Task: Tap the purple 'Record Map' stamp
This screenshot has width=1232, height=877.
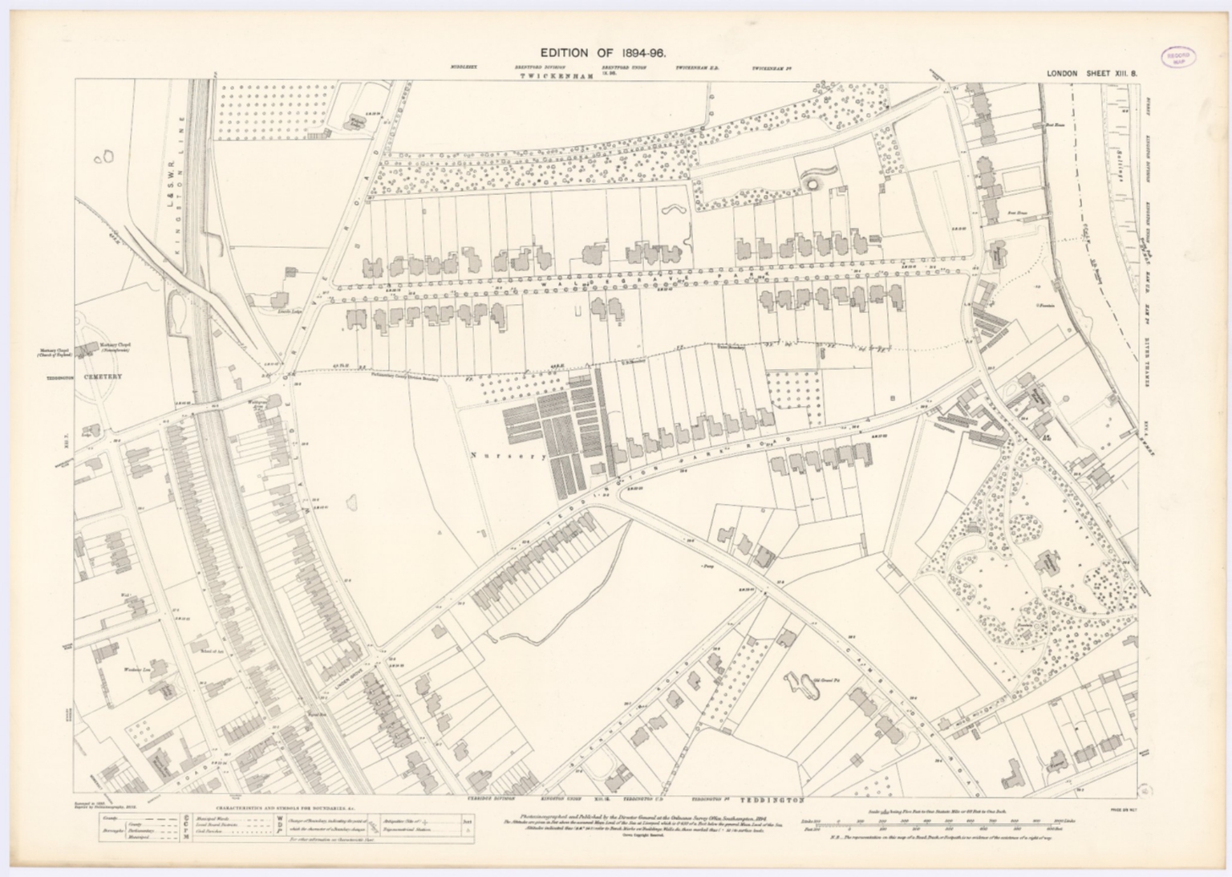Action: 1177,57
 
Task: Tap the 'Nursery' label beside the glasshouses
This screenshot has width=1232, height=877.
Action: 497,456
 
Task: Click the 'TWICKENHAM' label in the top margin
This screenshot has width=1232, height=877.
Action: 556,75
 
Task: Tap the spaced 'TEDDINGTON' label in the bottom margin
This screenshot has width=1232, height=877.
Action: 768,800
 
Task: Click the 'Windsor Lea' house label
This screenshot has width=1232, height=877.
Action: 132,668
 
